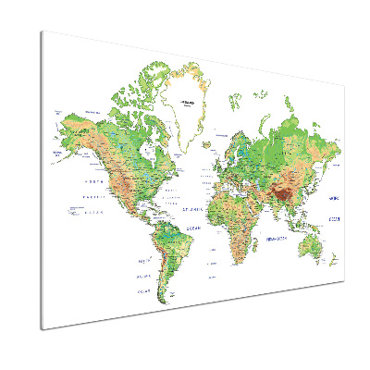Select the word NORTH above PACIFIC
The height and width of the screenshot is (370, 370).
[x=90, y=181]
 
